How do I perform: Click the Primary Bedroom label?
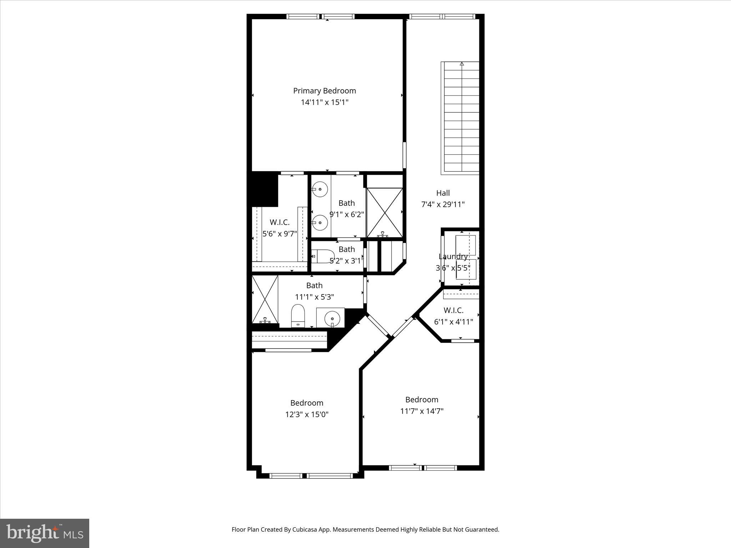pos(324,91)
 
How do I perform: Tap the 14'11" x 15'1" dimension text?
pos(324,102)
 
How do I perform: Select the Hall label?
pos(443,193)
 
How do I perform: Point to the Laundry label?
pos(453,257)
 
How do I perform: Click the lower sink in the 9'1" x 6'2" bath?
pos(320,223)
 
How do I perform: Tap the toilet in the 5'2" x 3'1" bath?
pos(322,256)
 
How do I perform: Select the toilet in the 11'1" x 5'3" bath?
pos(297,315)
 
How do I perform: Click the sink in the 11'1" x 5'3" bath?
pos(332,317)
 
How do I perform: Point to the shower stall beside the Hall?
pos(384,213)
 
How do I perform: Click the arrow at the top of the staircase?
pos(462,64)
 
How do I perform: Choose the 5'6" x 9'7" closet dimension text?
pos(279,234)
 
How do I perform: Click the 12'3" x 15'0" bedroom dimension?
pos(307,415)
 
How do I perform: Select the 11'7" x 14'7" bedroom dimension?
pos(422,411)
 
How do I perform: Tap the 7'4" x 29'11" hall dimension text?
pos(443,204)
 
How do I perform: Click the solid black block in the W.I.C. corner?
pos(264,189)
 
